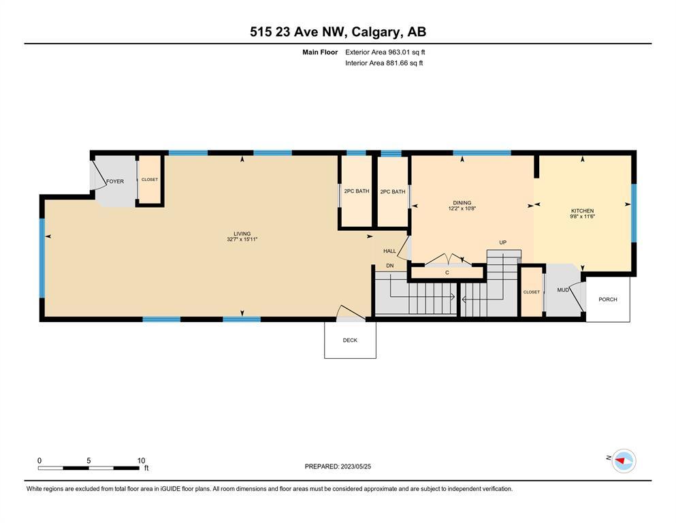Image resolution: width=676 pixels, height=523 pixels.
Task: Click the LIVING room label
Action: pyautogui.click(x=242, y=234)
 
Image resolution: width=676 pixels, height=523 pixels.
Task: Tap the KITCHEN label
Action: pyautogui.click(x=583, y=211)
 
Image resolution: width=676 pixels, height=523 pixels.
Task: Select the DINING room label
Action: pyautogui.click(x=462, y=203)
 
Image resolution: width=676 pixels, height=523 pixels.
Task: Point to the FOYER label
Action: pyautogui.click(x=115, y=182)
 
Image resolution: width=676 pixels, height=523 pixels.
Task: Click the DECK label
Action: pyautogui.click(x=350, y=340)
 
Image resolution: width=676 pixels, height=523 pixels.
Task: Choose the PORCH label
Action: pyautogui.click(x=608, y=299)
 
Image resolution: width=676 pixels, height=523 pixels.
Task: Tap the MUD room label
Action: pyautogui.click(x=563, y=290)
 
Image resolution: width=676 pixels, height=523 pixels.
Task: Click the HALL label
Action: pyautogui.click(x=389, y=251)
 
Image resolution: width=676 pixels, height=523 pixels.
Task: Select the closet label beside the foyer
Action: pyautogui.click(x=150, y=179)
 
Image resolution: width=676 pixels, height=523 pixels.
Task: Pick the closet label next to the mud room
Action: pyautogui.click(x=532, y=292)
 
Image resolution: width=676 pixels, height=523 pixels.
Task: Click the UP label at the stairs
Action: pyautogui.click(x=502, y=242)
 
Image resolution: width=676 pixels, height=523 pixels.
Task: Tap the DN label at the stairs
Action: pyautogui.click(x=389, y=266)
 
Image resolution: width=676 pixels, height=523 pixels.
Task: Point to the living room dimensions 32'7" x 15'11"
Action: pyautogui.click(x=242, y=239)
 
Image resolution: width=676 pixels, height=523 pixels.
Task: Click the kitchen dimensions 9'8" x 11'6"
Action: pyautogui.click(x=583, y=217)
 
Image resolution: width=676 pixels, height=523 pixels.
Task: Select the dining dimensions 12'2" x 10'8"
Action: pyautogui.click(x=462, y=208)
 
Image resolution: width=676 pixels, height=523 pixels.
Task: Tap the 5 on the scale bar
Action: pyautogui.click(x=88, y=460)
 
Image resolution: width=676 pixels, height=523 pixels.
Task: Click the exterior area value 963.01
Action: pyautogui.click(x=401, y=52)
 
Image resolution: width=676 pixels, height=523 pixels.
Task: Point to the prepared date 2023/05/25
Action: pyautogui.click(x=355, y=466)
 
